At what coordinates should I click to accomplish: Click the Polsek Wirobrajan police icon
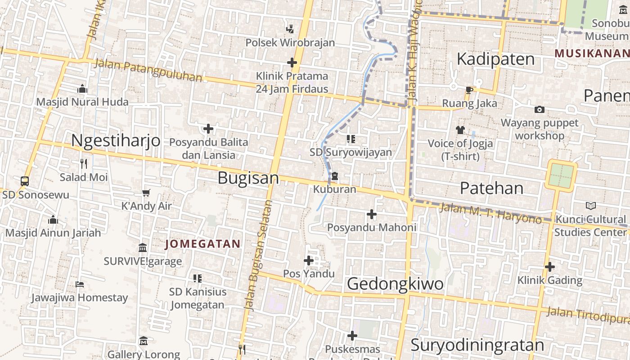pyautogui.click(x=290, y=29)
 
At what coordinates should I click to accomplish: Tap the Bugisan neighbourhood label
pyautogui.click(x=248, y=178)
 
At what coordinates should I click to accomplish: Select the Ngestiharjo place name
pyautogui.click(x=116, y=141)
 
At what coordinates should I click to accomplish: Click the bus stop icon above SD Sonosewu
pyautogui.click(x=25, y=181)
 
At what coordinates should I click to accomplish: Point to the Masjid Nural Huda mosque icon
pyautogui.click(x=82, y=89)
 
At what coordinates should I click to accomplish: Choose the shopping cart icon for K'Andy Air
pyautogui.click(x=146, y=193)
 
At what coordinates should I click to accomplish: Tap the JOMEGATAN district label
pyautogui.click(x=202, y=244)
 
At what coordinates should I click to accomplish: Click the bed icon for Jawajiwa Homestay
pyautogui.click(x=80, y=284)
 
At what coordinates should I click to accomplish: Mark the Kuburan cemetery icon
pyautogui.click(x=335, y=176)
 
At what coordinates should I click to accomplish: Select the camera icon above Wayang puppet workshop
pyautogui.click(x=539, y=109)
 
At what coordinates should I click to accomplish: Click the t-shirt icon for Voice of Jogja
pyautogui.click(x=460, y=130)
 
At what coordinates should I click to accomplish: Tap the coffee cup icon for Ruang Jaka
pyautogui.click(x=469, y=90)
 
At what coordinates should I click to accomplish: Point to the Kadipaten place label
pyautogui.click(x=495, y=59)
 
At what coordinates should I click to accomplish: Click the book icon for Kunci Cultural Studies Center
pyautogui.click(x=590, y=206)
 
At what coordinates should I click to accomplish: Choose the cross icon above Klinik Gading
pyautogui.click(x=549, y=267)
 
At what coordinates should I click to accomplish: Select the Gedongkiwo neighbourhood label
pyautogui.click(x=395, y=284)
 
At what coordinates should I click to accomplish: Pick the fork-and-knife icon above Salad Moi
pyautogui.click(x=84, y=163)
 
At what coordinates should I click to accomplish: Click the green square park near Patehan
pyautogui.click(x=561, y=175)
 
